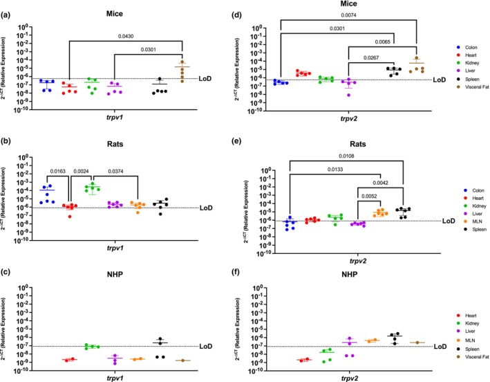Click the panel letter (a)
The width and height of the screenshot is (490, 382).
[8, 10]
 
